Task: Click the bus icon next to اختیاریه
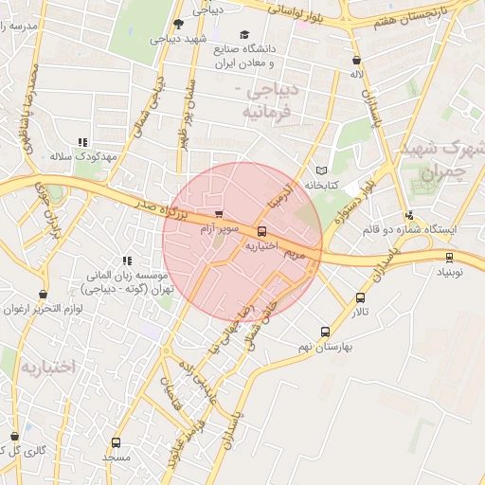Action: (261, 230)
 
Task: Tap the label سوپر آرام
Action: (218, 228)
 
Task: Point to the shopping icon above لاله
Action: (356, 60)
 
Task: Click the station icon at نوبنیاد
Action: (449, 256)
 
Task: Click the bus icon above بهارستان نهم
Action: (326, 332)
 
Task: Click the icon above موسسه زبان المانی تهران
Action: (126, 260)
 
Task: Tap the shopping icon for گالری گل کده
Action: (14, 435)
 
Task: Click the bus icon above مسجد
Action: (117, 441)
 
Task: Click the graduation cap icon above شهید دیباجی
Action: (179, 24)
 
